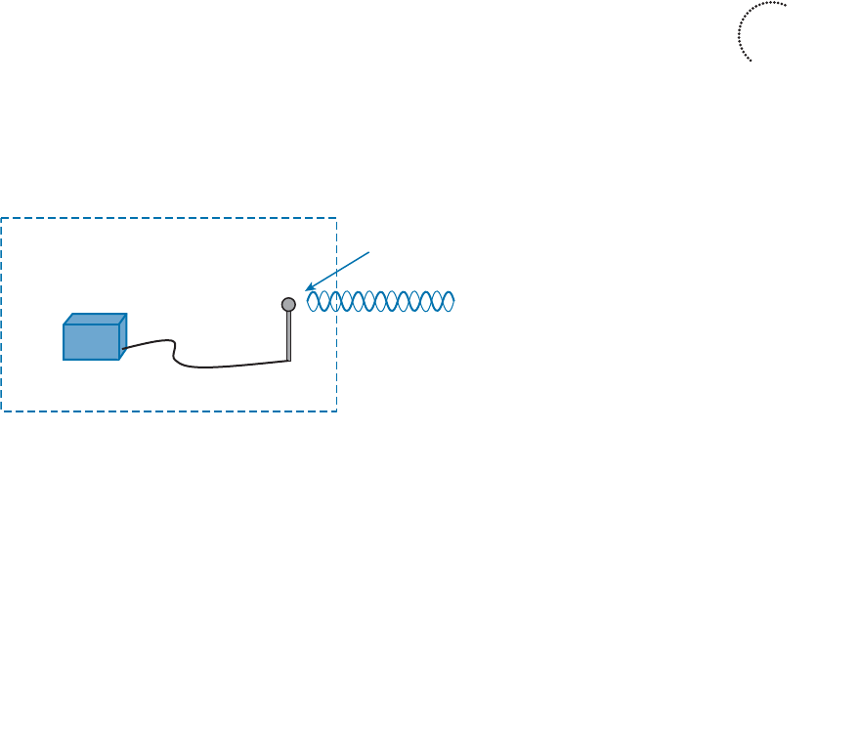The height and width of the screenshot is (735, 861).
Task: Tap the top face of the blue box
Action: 96,319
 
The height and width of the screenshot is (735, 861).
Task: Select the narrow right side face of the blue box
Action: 123,336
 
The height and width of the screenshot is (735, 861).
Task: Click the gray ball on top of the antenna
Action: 288,304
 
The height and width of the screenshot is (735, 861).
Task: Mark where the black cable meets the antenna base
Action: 289,361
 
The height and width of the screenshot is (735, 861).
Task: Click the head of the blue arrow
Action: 307,287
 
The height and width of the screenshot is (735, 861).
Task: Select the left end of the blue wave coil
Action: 309,301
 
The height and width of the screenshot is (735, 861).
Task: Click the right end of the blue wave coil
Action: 454,301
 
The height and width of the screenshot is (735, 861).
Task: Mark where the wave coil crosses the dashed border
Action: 336,301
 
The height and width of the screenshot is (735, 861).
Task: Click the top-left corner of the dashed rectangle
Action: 2,218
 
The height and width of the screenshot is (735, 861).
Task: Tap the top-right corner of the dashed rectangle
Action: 336,218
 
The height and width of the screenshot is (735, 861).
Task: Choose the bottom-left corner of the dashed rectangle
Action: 2,411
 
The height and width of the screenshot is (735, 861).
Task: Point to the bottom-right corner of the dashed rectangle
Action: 336,411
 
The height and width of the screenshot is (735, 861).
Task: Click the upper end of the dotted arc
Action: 786,5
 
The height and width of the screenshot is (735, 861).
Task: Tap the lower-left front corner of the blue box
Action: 65,360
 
